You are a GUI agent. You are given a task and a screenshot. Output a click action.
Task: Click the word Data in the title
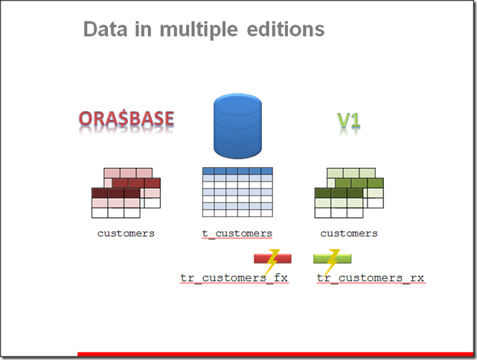pos(105,30)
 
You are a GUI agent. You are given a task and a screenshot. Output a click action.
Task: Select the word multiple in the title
pos(199,30)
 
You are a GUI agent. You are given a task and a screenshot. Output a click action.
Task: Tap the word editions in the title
pos(286,30)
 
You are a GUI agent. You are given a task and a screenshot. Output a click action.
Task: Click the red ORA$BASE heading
pos(127,118)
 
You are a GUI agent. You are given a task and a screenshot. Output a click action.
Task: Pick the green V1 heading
pos(348,120)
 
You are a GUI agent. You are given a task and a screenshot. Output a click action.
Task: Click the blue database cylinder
pos(237,126)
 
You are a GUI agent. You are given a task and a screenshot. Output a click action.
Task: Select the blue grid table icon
pos(237,192)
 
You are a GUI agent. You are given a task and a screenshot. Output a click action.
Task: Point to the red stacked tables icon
pos(126,193)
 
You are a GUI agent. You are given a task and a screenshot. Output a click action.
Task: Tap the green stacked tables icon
pos(349,193)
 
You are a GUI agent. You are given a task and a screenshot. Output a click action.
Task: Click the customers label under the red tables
pos(126,234)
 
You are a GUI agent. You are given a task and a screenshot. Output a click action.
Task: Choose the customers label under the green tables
pos(349,234)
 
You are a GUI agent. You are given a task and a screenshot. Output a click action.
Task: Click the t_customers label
pos(237,234)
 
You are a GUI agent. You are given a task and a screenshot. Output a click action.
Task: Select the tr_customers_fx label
pos(234,278)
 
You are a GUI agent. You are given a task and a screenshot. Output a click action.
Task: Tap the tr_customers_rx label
pos(371,278)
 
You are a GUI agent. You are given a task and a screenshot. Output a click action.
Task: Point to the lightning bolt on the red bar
pos(272,261)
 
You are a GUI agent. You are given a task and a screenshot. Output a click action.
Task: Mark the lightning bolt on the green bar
pos(332,261)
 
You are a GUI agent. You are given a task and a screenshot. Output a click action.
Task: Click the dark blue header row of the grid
pos(237,170)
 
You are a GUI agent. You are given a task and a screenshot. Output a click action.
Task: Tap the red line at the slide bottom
pos(275,354)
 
